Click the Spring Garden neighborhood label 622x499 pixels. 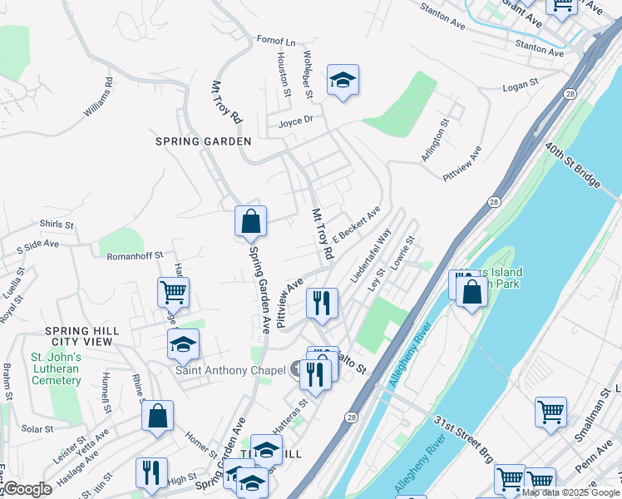203,141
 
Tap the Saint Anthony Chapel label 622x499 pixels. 224,371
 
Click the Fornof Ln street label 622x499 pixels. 276,41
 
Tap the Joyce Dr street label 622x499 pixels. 295,120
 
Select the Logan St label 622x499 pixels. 522,86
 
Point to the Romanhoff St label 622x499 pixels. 134,256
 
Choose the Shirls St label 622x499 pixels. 57,225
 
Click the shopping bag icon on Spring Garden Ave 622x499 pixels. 250,222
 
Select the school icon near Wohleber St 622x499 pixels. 343,81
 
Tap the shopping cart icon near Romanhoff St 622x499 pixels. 174,292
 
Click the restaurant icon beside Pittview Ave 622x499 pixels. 321,303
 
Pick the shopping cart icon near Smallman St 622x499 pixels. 550,412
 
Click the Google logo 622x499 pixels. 27,489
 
